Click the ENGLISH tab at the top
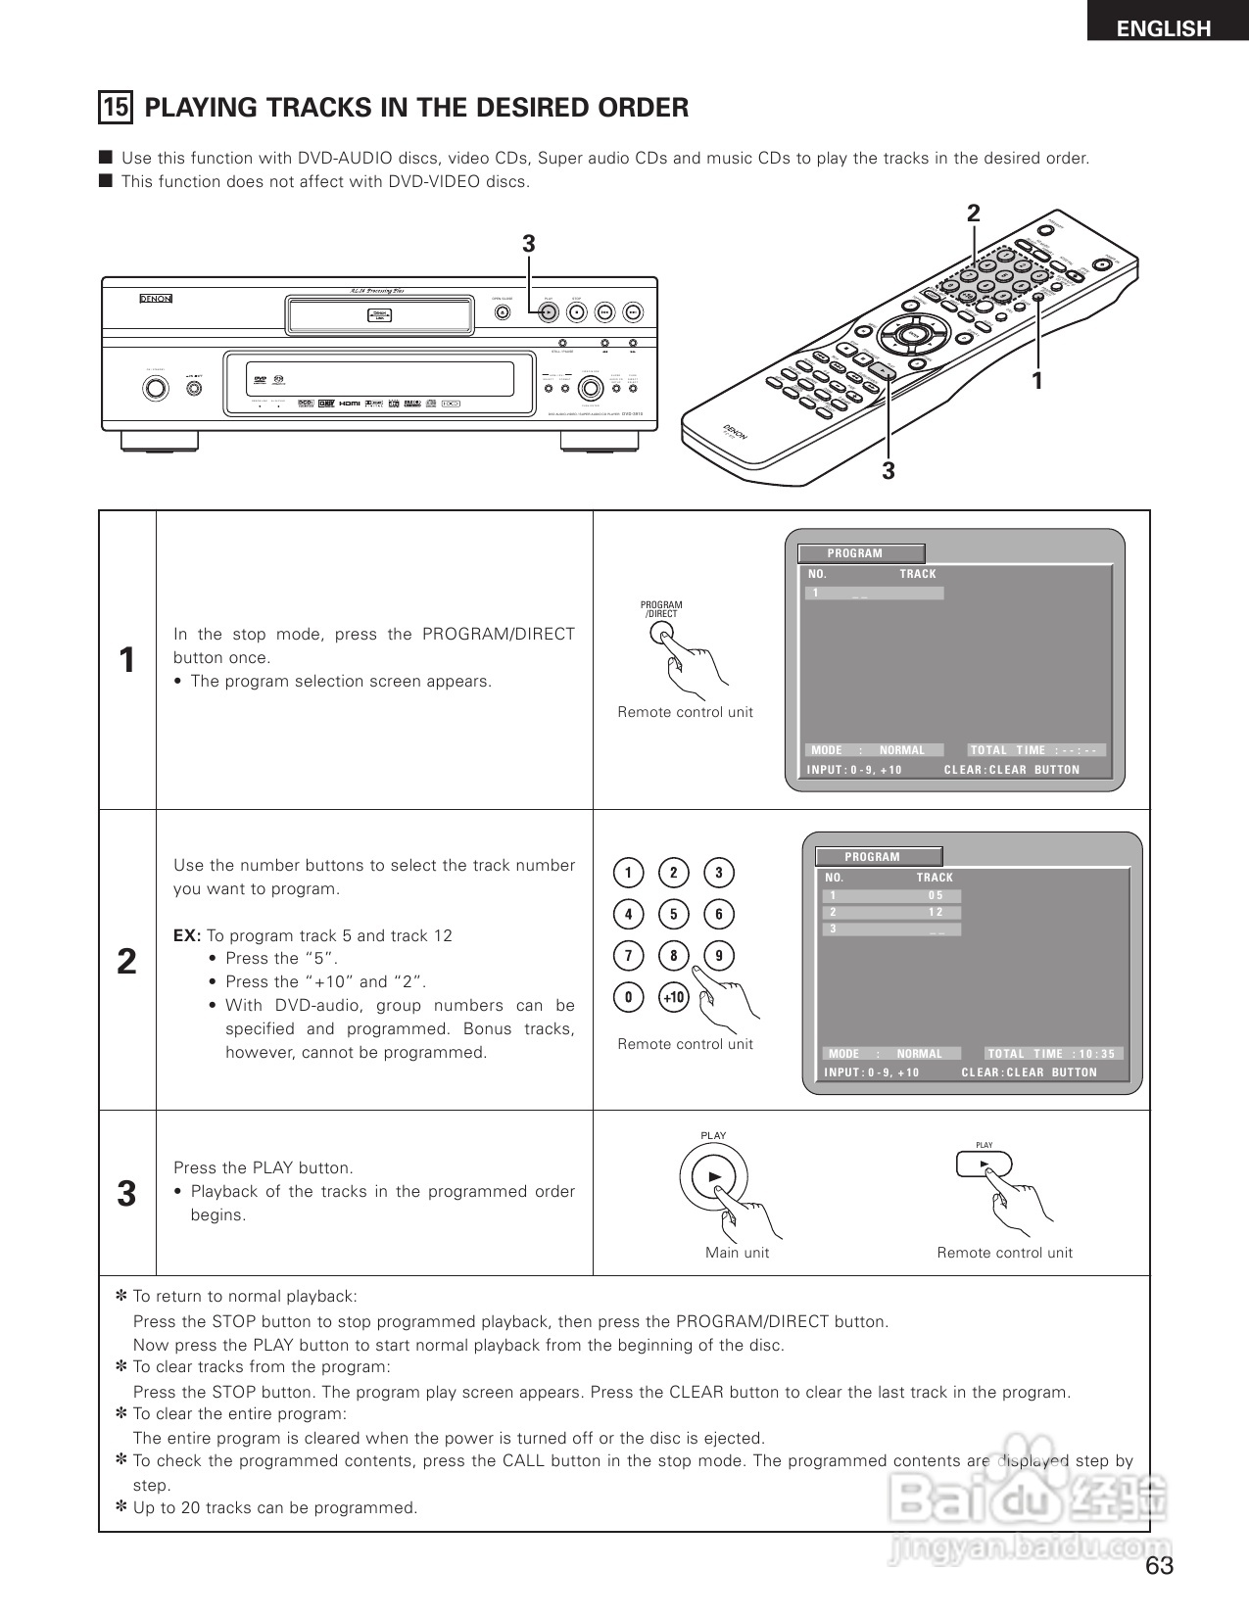(1164, 26)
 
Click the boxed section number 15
(116, 107)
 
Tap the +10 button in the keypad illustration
(673, 998)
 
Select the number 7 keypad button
(628, 956)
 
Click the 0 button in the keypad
(628, 998)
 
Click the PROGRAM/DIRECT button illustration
(662, 635)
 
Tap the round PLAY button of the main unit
(713, 1176)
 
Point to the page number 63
(1159, 1565)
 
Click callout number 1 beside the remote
(1035, 379)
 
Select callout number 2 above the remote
(974, 214)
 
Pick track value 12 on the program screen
(936, 912)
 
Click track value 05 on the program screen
(936, 895)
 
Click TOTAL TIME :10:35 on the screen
(1052, 1054)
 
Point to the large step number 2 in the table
(126, 962)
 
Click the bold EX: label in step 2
(187, 935)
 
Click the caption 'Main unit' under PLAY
(737, 1253)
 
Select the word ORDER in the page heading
(641, 107)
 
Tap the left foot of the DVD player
(160, 441)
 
